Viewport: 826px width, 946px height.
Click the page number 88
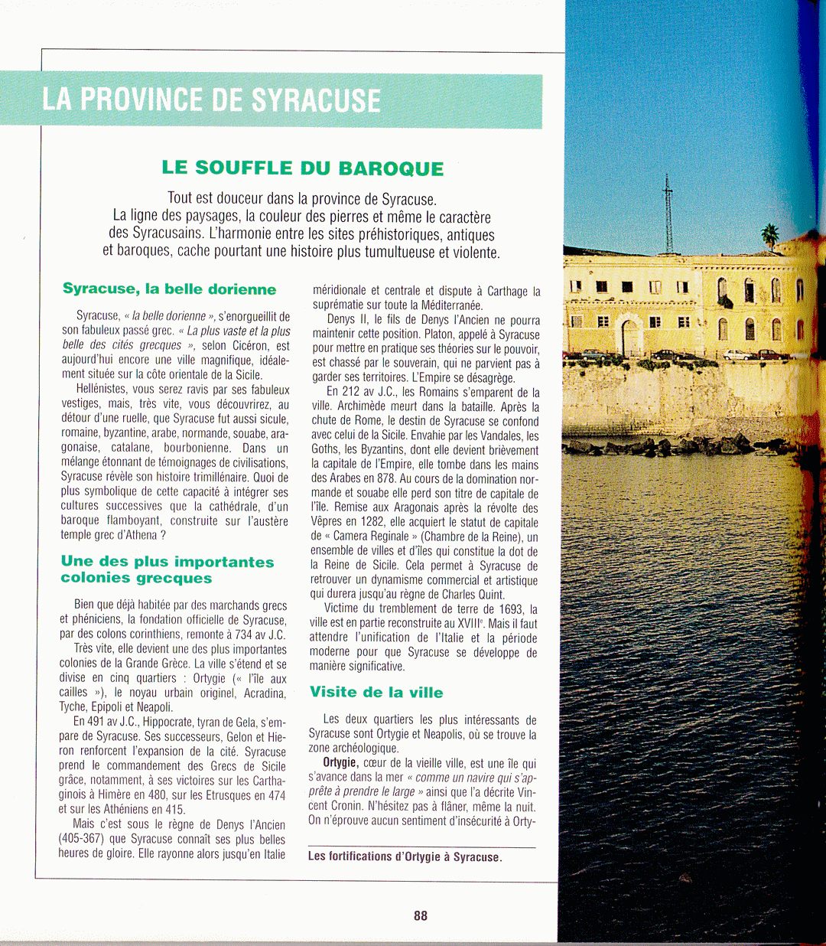click(421, 915)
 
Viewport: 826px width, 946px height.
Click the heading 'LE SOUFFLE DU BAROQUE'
click(303, 168)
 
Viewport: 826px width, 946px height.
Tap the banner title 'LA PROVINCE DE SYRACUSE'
click(211, 100)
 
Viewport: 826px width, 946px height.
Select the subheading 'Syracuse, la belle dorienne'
click(169, 289)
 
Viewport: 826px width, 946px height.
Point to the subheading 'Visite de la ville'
click(376, 693)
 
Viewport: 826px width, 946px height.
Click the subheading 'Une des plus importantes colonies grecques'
click(167, 569)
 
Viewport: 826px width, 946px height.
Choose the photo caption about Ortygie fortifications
click(405, 856)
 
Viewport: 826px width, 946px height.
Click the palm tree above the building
click(769, 234)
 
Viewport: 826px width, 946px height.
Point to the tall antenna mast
click(668, 214)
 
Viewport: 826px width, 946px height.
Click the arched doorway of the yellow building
click(629, 337)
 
